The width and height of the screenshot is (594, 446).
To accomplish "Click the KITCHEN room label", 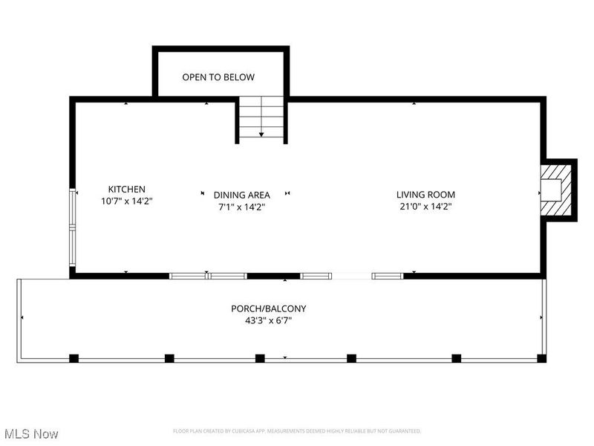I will click(126, 190).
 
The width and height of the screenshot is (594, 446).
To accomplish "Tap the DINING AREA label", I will click(241, 195).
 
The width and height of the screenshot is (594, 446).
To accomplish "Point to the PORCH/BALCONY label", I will click(268, 308).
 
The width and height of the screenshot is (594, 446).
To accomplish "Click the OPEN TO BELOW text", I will click(218, 77).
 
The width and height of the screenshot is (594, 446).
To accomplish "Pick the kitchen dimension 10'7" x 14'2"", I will click(126, 201).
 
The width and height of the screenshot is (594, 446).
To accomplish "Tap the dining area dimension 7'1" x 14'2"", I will click(241, 207).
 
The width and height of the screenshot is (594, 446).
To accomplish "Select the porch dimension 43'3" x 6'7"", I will click(268, 320).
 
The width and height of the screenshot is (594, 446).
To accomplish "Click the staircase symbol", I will click(261, 119).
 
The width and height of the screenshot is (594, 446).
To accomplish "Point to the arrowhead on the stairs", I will click(261, 135).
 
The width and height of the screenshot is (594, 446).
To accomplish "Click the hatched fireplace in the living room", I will click(555, 190).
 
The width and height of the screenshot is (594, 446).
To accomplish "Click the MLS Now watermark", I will click(30, 433).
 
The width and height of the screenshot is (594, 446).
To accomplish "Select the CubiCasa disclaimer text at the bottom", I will click(297, 431).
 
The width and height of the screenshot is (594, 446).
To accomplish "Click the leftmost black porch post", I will click(74, 358).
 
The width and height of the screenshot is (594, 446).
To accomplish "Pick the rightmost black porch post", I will click(542, 358).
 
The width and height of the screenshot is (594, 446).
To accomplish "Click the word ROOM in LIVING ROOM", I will click(440, 195).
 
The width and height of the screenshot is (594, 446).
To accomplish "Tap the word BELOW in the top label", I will click(239, 77).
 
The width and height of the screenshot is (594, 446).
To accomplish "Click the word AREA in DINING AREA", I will click(257, 195).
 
